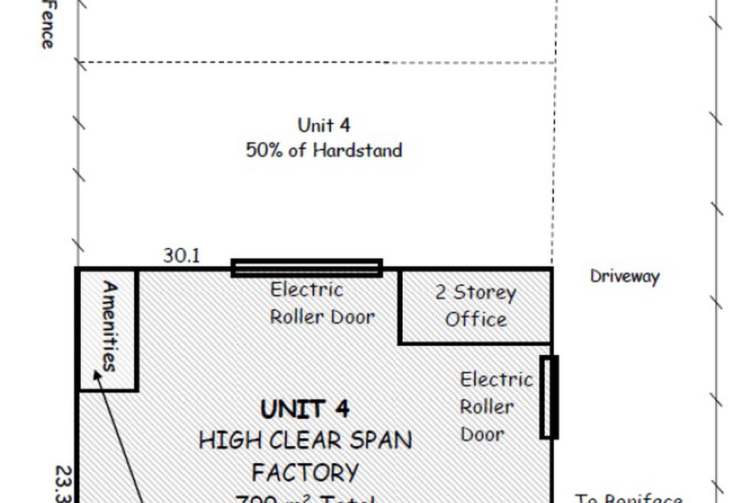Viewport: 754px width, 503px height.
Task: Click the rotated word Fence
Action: (x=46, y=25)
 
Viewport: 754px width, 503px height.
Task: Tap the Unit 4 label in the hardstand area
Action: (x=324, y=124)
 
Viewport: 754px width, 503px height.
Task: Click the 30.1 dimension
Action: (x=182, y=256)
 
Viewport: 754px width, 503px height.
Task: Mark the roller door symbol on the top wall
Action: (x=307, y=268)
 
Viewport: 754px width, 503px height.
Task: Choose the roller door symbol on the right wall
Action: (x=549, y=397)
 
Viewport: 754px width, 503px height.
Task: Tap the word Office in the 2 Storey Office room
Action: (x=476, y=319)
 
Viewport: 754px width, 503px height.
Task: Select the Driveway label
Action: (x=625, y=277)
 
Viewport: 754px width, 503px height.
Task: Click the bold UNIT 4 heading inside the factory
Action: (x=305, y=409)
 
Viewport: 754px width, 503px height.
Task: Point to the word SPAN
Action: (x=380, y=440)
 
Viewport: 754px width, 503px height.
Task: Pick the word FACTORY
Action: (x=305, y=472)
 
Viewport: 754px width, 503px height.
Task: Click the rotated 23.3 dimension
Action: (x=65, y=484)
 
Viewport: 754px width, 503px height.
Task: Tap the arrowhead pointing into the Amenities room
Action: (x=97, y=375)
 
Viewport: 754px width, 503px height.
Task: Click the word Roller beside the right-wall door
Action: (x=486, y=407)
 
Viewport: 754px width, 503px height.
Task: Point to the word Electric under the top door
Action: (x=307, y=290)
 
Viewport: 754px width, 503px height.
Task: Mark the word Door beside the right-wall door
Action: (x=483, y=434)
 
